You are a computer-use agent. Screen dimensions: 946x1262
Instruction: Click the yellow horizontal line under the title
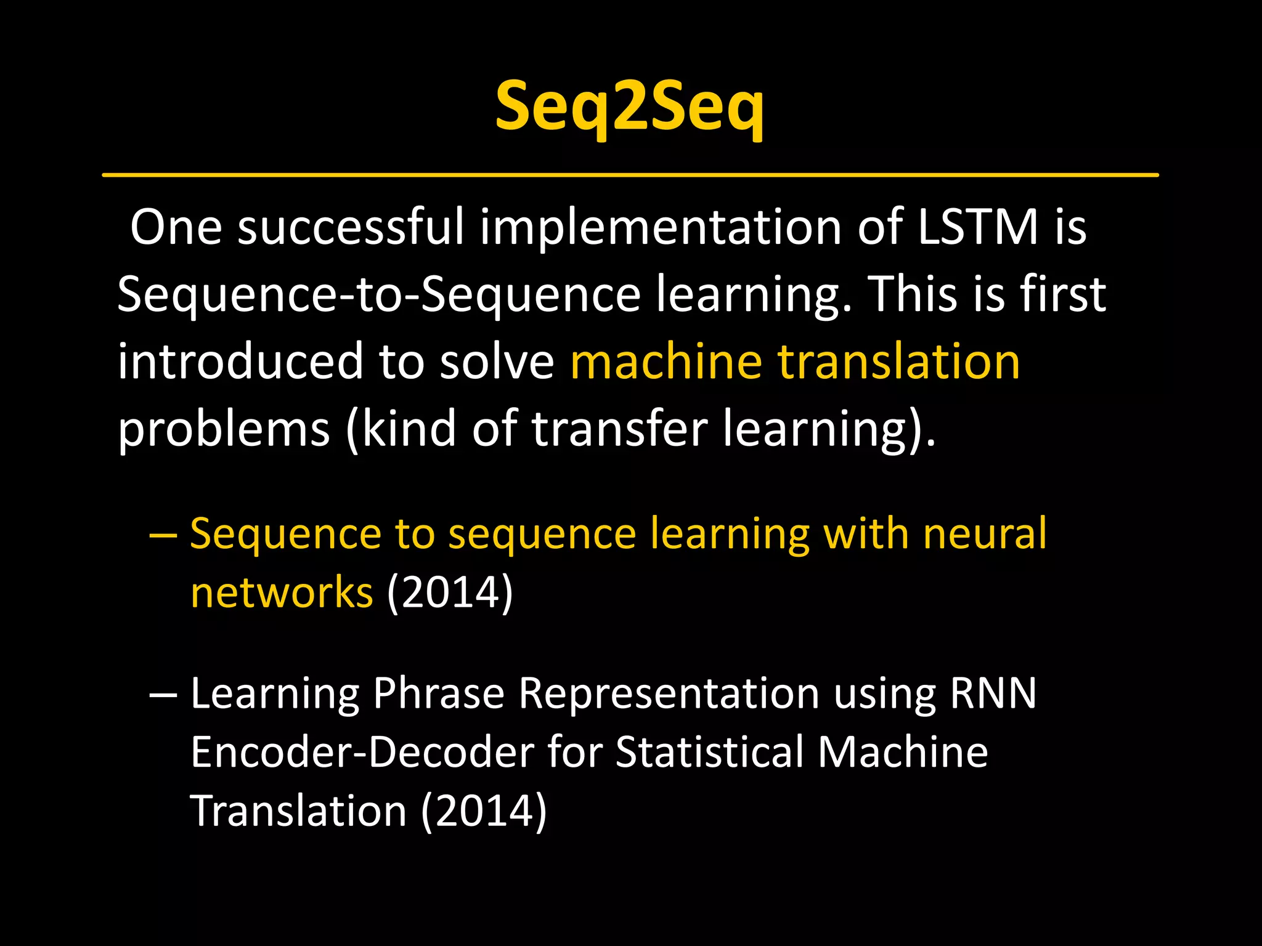pyautogui.click(x=630, y=176)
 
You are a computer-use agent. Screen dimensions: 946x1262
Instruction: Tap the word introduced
pyautogui.click(x=240, y=362)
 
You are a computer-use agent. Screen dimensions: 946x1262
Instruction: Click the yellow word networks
pyautogui.click(x=282, y=592)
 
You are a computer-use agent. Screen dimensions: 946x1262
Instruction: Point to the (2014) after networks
pyautogui.click(x=450, y=592)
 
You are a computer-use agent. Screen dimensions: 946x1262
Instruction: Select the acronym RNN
pyautogui.click(x=993, y=693)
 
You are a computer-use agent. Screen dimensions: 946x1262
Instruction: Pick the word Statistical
pyautogui.click(x=709, y=753)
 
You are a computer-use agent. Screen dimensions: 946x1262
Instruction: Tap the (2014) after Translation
pyautogui.click(x=484, y=811)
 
